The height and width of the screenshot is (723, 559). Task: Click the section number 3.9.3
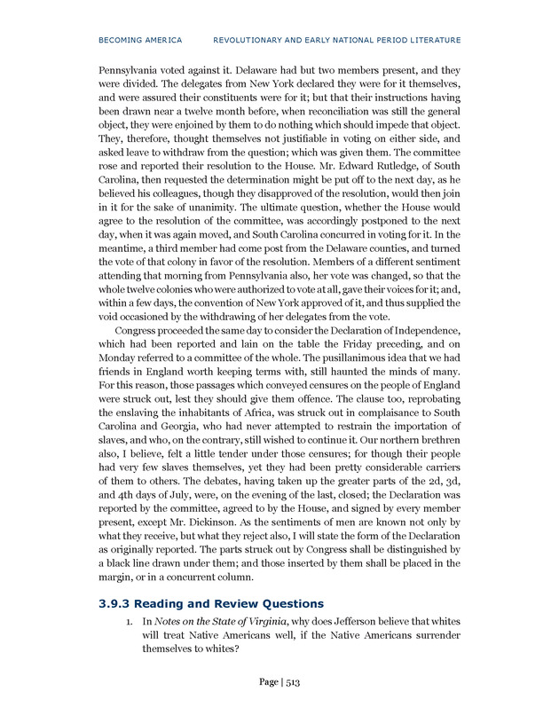(x=116, y=603)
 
